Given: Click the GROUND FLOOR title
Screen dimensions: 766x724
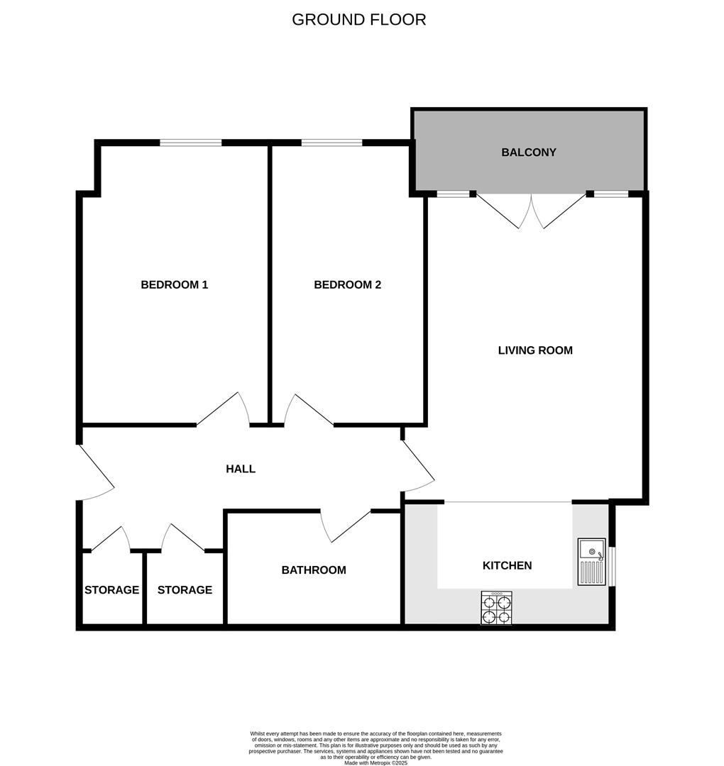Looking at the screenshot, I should [358, 20].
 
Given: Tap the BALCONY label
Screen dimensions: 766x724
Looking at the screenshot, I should [528, 152].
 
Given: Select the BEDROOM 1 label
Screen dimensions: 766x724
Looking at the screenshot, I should [174, 285].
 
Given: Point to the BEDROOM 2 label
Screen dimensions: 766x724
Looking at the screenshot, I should [347, 285].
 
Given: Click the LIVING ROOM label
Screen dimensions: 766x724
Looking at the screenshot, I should [534, 350].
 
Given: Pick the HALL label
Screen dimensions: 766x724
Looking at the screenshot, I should [240, 469].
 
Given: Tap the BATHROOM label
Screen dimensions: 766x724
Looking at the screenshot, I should [313, 570].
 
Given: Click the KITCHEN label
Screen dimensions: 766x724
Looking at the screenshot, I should [507, 565].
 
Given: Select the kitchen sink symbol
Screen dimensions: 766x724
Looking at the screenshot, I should [591, 561].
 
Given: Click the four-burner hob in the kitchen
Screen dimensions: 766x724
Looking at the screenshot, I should [496, 608].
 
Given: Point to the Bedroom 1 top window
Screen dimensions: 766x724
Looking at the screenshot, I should [190, 143].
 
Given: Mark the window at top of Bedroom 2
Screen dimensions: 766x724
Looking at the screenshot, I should [331, 143].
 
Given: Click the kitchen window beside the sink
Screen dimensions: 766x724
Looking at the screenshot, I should [612, 566].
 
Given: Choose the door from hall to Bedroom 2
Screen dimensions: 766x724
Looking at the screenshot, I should [307, 411].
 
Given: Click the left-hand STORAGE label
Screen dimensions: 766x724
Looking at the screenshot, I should [111, 590].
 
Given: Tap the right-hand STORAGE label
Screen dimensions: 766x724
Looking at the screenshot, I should [185, 590].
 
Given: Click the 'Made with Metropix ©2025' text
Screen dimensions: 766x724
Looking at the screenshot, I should [375, 762].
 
